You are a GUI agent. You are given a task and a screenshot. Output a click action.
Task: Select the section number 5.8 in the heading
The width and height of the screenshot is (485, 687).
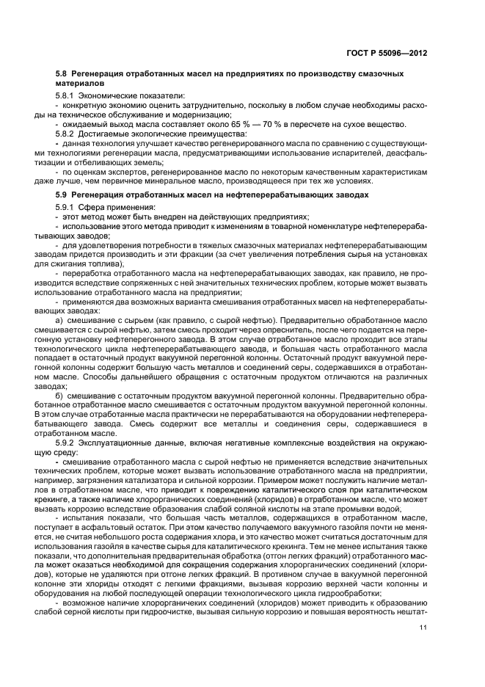[x=62, y=74]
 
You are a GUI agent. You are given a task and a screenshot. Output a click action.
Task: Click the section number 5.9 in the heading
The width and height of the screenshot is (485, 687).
[x=62, y=195]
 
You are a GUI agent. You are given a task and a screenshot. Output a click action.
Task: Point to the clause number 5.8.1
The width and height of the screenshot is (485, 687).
[x=66, y=95]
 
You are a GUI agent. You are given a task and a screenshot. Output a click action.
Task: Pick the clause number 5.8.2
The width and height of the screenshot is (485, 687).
[x=66, y=134]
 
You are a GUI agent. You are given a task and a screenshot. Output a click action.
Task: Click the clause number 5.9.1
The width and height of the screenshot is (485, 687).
[x=66, y=207]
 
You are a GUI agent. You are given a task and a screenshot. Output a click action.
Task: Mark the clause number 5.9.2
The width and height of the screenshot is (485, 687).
[x=66, y=443]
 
